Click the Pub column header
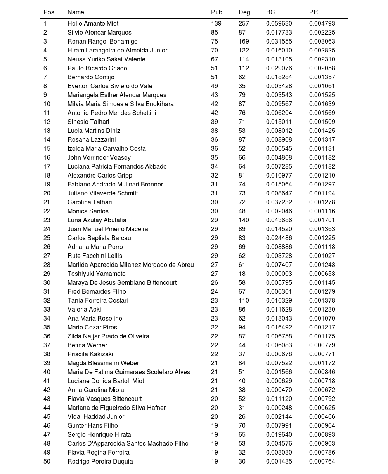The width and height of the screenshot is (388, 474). pos(217,12)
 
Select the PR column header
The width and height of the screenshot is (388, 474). pos(314,12)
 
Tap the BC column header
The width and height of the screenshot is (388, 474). pos(270,12)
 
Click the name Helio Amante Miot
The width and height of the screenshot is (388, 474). pos(93,24)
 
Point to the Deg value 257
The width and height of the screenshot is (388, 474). pos(244,24)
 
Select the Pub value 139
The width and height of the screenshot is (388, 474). pos(216,24)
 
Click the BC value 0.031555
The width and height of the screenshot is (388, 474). pos(279,42)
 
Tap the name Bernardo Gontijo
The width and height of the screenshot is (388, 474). pos(91,77)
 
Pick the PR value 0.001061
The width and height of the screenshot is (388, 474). pos(322,86)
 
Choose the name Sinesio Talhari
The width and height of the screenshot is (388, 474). pos(88,122)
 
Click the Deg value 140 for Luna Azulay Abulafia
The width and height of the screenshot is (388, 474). pos(244,220)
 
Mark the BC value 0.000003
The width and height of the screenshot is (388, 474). pos(279,274)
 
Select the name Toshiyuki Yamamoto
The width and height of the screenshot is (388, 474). pos(97,274)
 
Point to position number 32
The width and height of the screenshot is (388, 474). pos(47,301)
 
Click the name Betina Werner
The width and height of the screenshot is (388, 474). pos(87,345)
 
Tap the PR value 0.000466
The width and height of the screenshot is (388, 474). pos(322,417)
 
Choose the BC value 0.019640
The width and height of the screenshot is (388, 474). pos(279,435)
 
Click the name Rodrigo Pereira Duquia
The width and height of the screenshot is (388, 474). pos(100,462)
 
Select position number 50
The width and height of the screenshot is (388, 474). pos(47,462)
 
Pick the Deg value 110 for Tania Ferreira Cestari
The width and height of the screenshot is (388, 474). pos(244,301)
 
